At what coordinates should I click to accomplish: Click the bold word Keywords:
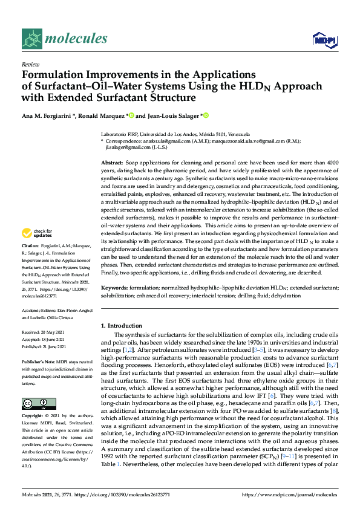(x=114, y=288)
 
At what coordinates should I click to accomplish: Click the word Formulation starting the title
(x=52, y=74)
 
